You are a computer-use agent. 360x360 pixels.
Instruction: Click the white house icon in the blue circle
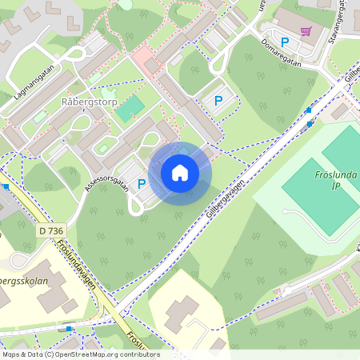click(x=180, y=173)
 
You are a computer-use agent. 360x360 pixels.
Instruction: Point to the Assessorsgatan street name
click(x=105, y=186)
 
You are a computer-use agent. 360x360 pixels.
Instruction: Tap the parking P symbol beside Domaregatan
click(x=284, y=42)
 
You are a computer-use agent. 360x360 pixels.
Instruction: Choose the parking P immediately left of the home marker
click(x=142, y=183)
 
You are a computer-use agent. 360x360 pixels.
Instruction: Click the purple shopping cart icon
click(x=306, y=31)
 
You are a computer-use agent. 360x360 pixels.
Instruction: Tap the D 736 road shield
click(x=50, y=230)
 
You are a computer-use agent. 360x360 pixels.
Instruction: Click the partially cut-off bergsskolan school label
click(x=24, y=282)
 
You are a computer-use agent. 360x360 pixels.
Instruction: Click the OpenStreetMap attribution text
click(x=80, y=354)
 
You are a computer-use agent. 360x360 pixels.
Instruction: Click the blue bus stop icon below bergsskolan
click(x=70, y=328)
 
